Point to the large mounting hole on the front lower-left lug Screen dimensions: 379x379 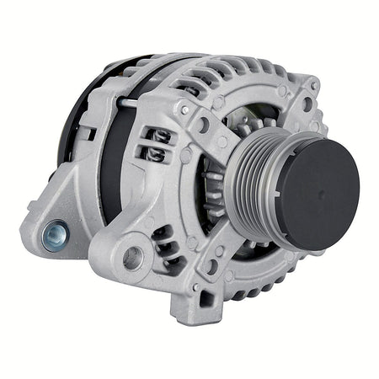(x=133, y=257)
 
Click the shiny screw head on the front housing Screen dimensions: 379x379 (x=184, y=109)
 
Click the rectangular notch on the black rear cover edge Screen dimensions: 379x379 (x=85, y=132)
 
